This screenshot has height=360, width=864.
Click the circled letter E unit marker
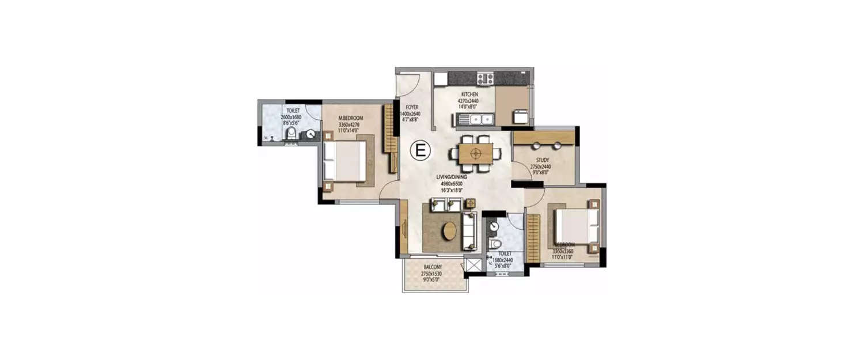coord(420,151)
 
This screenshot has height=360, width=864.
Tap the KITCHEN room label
coord(469,94)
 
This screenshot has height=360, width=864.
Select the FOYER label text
coord(411,107)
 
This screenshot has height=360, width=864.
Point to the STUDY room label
coord(542,160)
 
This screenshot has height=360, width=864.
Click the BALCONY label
coord(433,267)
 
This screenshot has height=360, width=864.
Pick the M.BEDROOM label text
coord(350,118)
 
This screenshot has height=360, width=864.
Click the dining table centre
coord(476,153)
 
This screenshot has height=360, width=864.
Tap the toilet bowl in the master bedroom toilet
coord(291,134)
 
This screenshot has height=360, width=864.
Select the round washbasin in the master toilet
coord(310,134)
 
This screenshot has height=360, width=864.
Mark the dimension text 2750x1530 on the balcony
coord(431,274)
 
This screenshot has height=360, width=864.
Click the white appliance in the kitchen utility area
coord(520,116)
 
